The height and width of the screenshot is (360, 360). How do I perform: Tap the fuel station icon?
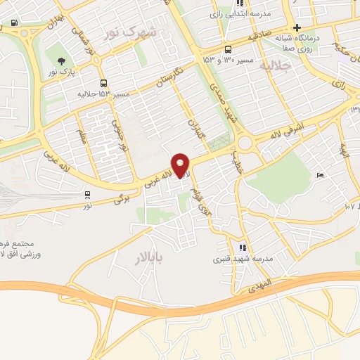point(15,23)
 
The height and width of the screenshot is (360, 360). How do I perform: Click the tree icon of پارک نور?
point(62,60)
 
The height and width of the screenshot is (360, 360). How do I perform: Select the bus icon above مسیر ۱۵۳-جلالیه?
point(103,83)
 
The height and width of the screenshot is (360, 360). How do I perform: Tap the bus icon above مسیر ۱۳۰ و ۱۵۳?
point(228,50)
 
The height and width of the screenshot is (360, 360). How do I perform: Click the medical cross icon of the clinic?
point(298,27)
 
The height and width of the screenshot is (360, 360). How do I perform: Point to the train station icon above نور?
point(87,195)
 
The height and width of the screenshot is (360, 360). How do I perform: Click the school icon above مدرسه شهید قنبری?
point(243,247)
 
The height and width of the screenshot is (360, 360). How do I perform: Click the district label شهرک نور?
point(129,33)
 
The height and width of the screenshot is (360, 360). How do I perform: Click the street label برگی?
point(122,200)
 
